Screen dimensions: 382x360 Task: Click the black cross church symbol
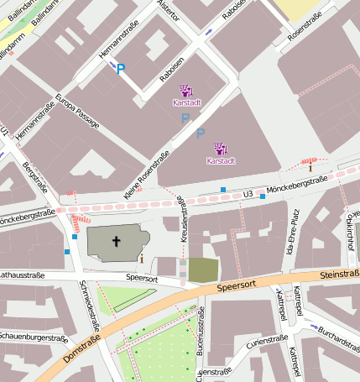(x=116, y=242)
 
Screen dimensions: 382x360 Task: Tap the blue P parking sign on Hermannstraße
(x=121, y=70)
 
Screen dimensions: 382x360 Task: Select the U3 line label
(x=248, y=195)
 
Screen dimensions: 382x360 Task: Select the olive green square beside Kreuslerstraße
(x=203, y=269)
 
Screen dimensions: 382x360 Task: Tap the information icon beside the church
(x=141, y=258)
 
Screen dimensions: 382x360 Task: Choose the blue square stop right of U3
(x=263, y=196)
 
